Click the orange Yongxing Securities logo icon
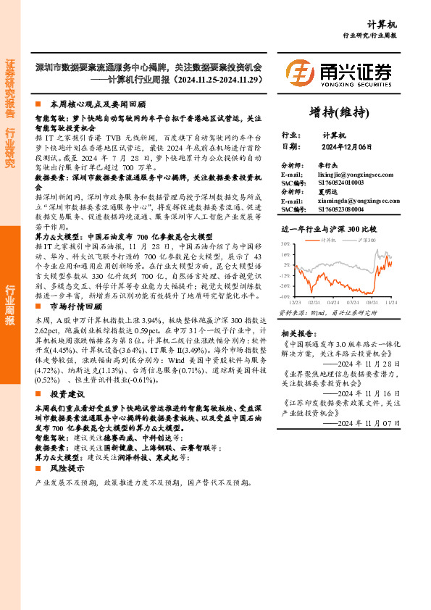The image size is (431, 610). (x=299, y=73)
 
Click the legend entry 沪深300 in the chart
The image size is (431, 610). (x=367, y=239)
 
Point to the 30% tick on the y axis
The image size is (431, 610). (x=285, y=244)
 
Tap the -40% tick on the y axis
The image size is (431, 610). (x=285, y=296)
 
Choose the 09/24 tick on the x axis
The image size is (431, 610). (x=372, y=301)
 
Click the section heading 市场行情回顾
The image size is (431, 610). (x=79, y=306)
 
